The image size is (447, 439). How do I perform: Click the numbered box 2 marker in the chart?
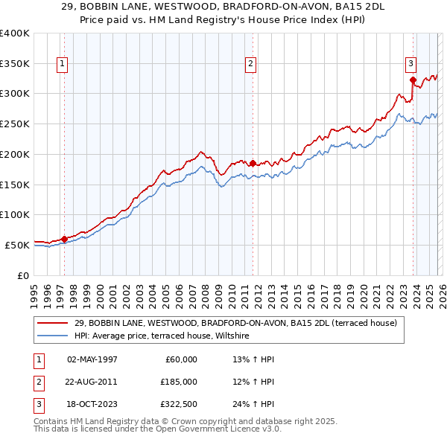click(x=251, y=65)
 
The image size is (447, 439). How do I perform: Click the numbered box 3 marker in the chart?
click(x=410, y=65)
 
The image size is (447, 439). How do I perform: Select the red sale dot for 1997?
click(x=64, y=239)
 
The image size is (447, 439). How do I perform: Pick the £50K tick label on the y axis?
click(x=17, y=245)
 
